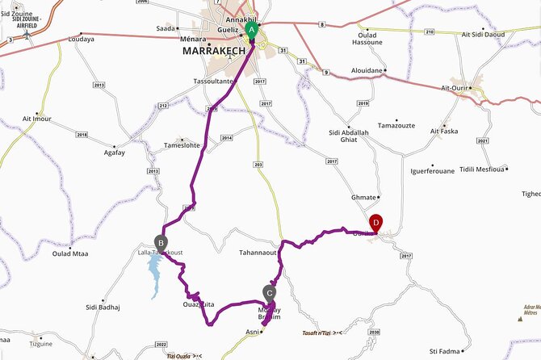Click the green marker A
coord(252,31)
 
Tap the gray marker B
coord(161,241)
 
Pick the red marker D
coord(375,223)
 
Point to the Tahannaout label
coord(258,253)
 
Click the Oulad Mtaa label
coord(70,253)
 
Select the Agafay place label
coord(114,152)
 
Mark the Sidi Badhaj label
coord(103,308)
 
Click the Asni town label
coord(254,331)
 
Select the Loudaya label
coord(82,38)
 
